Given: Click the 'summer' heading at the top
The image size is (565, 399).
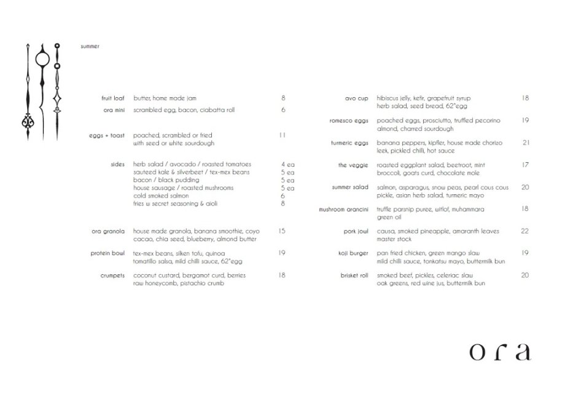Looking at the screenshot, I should coord(90,47).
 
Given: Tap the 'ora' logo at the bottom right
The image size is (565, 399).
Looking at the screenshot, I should coord(498,352).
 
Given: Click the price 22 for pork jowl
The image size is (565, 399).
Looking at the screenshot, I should coord(524,231).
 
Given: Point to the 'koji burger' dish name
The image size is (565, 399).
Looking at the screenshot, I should coord(353,253).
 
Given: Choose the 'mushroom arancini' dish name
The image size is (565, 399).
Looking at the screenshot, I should coord(343,210).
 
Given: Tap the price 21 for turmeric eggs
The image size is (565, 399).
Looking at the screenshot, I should coord(526,143).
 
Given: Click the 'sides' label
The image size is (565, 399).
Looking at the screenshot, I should coord(118,165).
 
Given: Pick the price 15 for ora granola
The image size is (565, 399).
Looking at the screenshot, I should coord(282,231).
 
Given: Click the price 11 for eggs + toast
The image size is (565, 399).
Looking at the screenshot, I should coord(282,135).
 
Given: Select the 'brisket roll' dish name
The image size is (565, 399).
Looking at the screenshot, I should coord(353,275).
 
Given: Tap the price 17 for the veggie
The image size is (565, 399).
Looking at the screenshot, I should coord(525,165).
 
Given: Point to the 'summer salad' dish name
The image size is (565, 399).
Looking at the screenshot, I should coord(350,187).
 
